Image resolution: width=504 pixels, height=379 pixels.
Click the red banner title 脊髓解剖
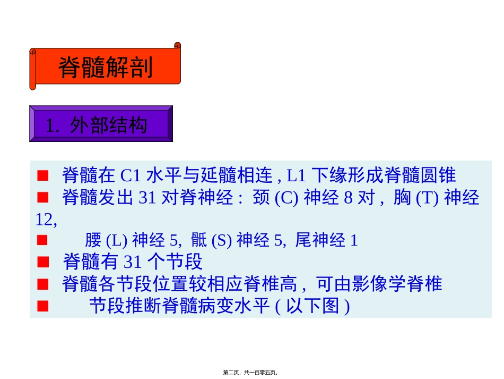(105, 68)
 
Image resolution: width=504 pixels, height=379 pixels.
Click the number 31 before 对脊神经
(147, 198)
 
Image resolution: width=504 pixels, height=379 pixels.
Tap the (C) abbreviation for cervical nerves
(288, 198)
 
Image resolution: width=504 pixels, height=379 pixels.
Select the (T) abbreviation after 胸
(425, 198)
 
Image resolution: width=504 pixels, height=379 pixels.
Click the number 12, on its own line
(46, 219)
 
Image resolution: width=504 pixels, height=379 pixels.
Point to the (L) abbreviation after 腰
(116, 241)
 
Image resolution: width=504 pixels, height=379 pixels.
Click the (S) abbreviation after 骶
(221, 241)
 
